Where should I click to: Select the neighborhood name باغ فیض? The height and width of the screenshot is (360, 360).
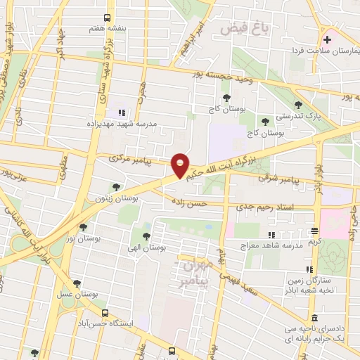pos(245,28)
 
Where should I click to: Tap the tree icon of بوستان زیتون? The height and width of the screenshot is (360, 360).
pos(115,186)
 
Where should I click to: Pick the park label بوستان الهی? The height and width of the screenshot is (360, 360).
pos(146,248)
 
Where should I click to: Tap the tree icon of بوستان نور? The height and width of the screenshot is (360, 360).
pos(83,227)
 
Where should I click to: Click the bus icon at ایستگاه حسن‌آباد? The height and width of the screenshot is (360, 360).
pos(105,313)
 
